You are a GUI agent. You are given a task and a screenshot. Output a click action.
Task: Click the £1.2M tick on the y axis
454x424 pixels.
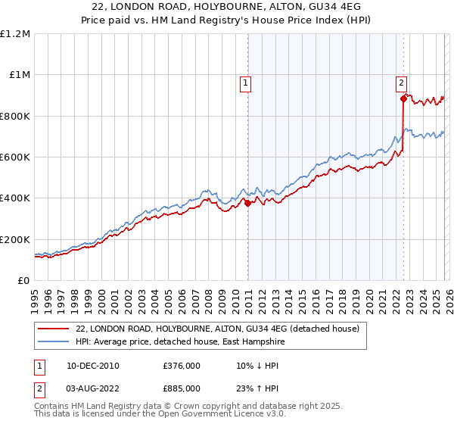point(15,34)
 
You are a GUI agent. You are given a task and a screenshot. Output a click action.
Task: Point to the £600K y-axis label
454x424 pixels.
point(15,157)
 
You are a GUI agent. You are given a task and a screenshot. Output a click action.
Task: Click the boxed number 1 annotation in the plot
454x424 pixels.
point(247,84)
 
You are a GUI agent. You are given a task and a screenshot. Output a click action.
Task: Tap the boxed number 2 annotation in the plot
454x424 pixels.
point(401,84)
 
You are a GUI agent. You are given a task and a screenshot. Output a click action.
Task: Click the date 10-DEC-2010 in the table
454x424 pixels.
point(92,366)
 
